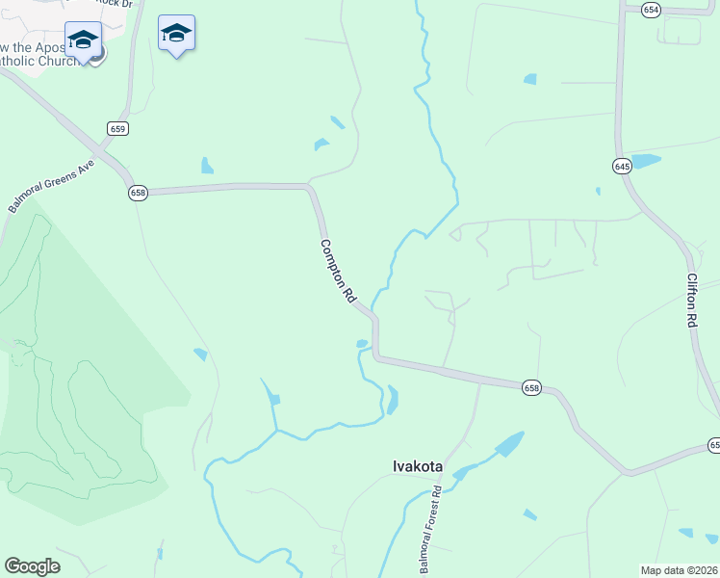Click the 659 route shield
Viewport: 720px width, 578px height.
tap(117, 128)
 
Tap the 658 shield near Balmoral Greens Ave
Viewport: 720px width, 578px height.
tap(139, 193)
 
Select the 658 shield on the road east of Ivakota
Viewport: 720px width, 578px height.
tap(532, 387)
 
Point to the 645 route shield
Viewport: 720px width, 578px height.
tap(621, 167)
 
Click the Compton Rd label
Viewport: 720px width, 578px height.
tap(339, 273)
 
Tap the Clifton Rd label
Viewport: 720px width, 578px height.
tap(691, 300)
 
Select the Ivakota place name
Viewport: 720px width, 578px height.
tap(418, 466)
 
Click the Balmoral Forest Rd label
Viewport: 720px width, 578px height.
tap(430, 530)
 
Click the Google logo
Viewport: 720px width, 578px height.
tap(32, 566)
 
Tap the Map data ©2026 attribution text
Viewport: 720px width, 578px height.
tap(679, 570)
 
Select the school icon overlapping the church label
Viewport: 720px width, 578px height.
tap(84, 39)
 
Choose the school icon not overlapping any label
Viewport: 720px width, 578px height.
tap(176, 34)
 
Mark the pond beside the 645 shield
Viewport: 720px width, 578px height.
tap(645, 161)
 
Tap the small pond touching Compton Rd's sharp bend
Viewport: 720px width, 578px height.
tap(362, 343)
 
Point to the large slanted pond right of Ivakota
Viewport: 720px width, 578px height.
tap(508, 444)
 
